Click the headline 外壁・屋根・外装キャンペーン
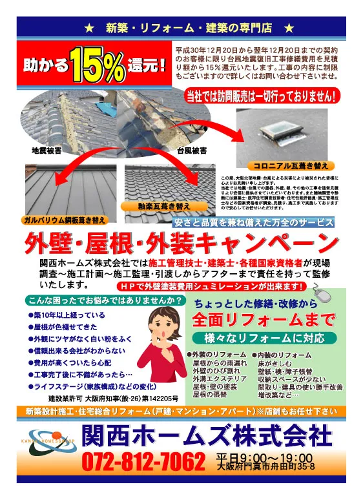181,244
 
